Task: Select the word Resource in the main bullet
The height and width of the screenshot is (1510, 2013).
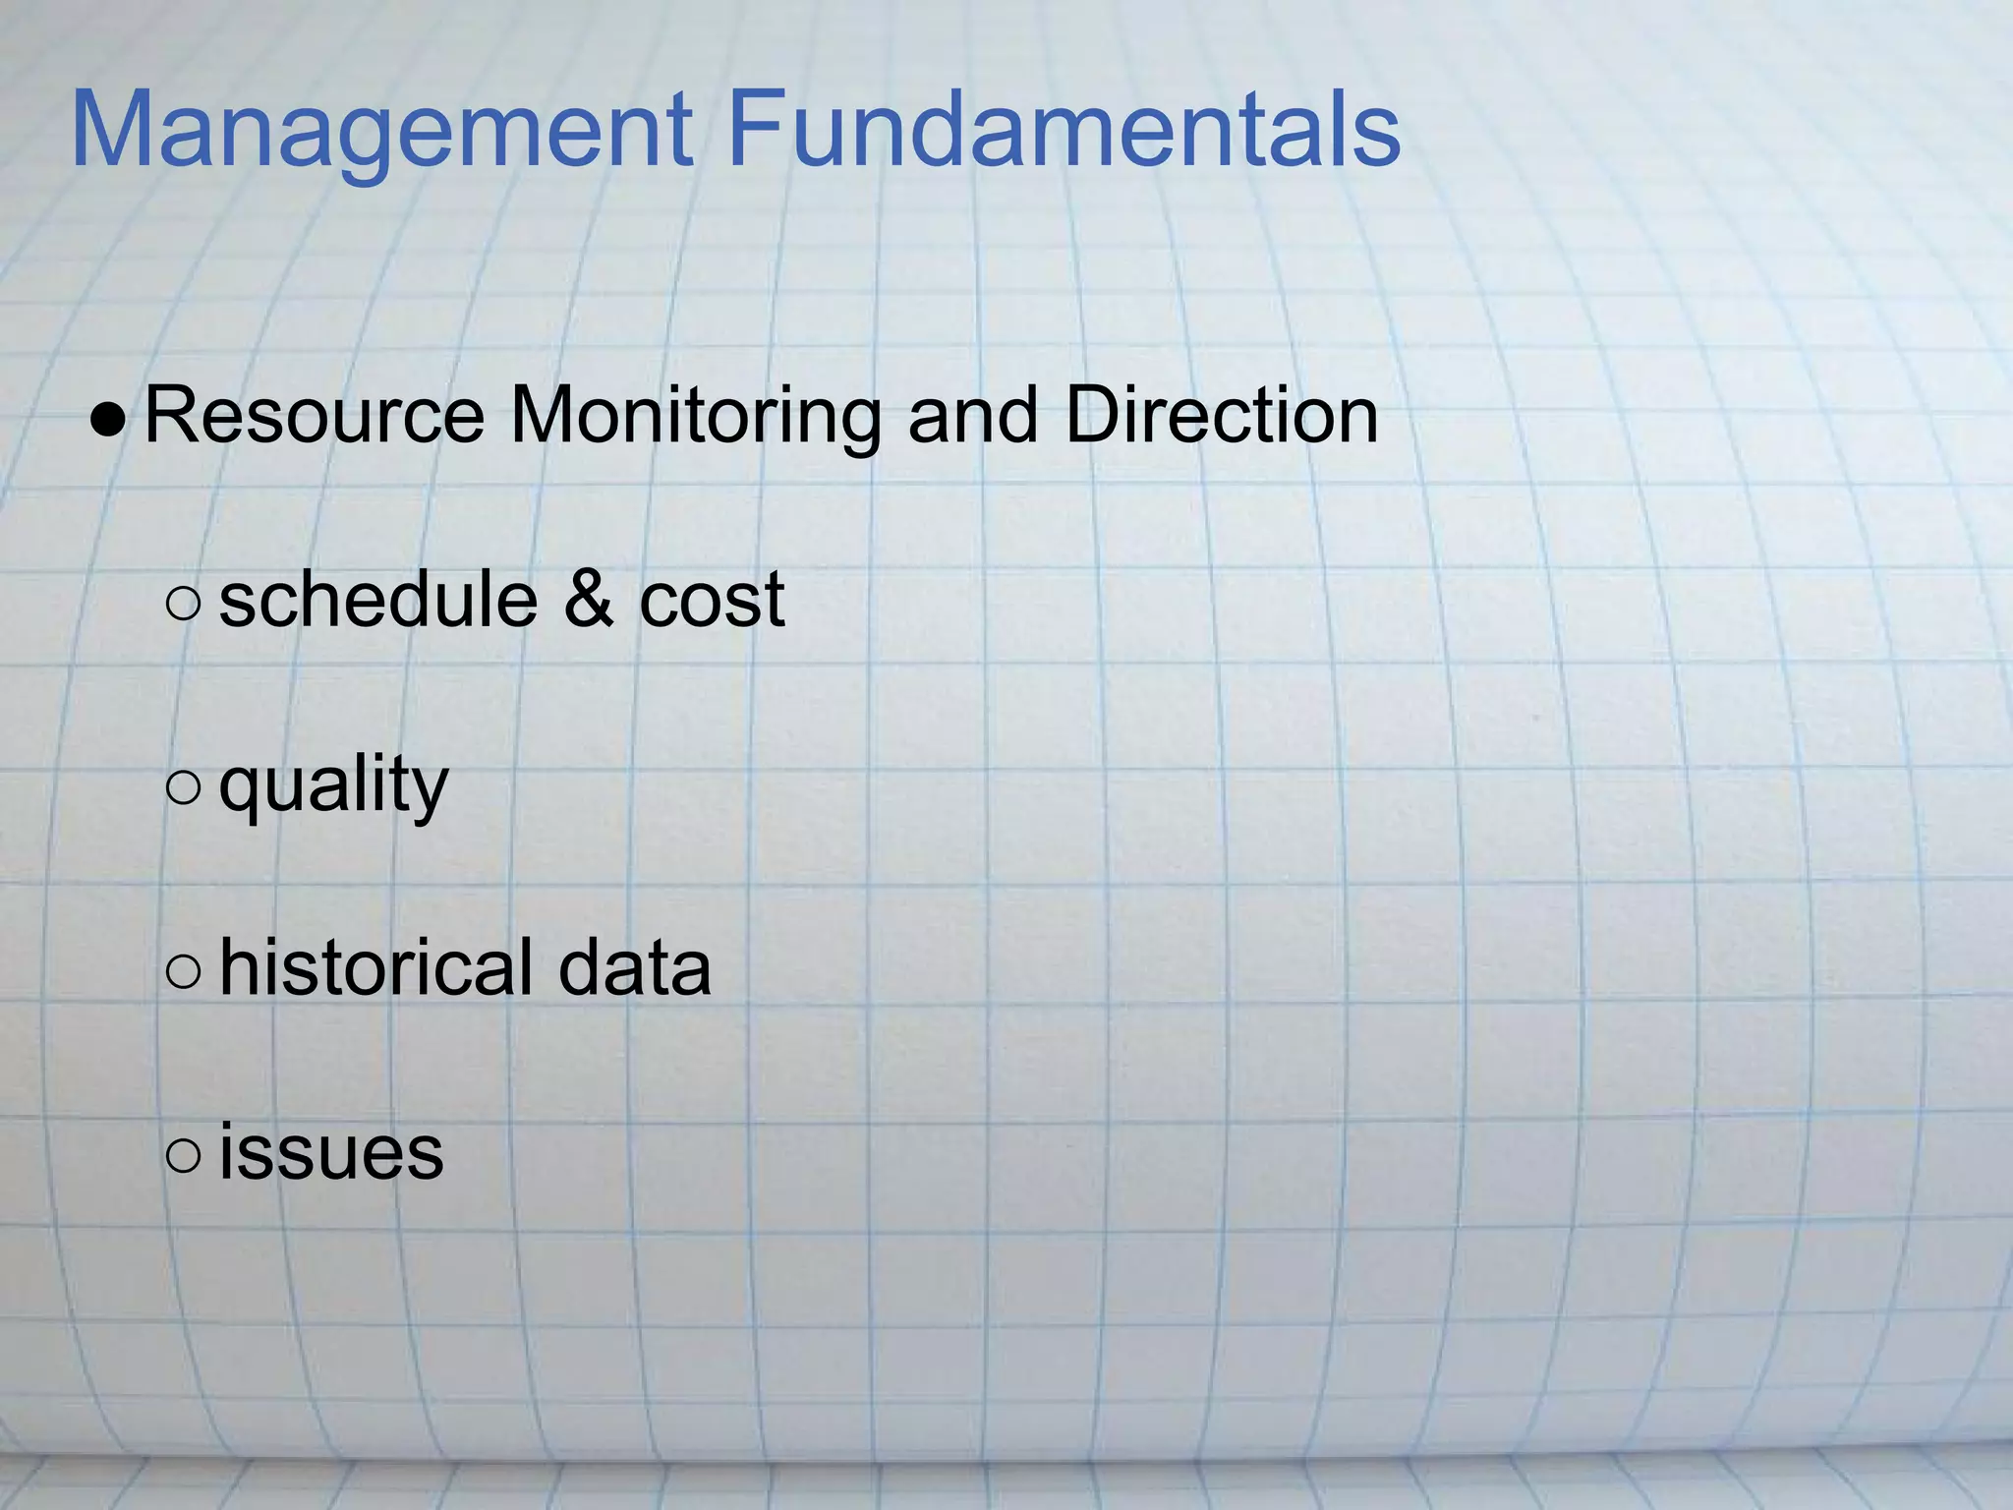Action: [315, 415]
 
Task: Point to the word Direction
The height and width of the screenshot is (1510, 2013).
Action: [1222, 415]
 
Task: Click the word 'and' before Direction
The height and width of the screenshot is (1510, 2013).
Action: [973, 415]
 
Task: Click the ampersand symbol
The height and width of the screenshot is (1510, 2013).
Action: [589, 599]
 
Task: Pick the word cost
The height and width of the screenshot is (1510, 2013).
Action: [712, 601]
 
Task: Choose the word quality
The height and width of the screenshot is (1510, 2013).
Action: [333, 786]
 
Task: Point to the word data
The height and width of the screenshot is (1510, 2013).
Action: [634, 967]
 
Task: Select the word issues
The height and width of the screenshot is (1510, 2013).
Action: [331, 1152]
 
